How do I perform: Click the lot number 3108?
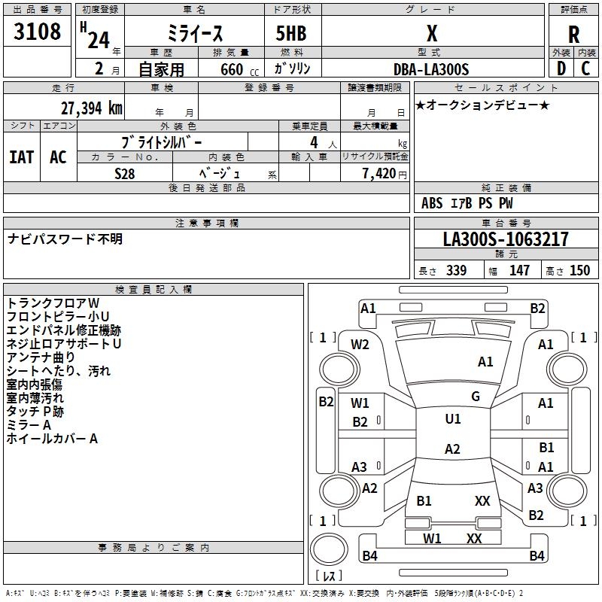pos(38,32)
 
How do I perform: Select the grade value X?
pos(431,33)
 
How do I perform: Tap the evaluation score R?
pos(573,35)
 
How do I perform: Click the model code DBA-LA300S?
pos(431,69)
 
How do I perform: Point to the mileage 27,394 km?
pos(88,108)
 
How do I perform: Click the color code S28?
pos(125,173)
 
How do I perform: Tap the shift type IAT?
pos(22,157)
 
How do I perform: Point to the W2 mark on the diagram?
pos(360,345)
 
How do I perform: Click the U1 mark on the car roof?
pos(453,419)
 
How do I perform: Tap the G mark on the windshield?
pos(476,397)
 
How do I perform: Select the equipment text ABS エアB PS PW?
pos(467,203)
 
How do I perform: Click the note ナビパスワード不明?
pos(65,239)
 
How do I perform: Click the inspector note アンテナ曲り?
pos(41,357)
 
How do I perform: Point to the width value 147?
pos(519,271)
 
